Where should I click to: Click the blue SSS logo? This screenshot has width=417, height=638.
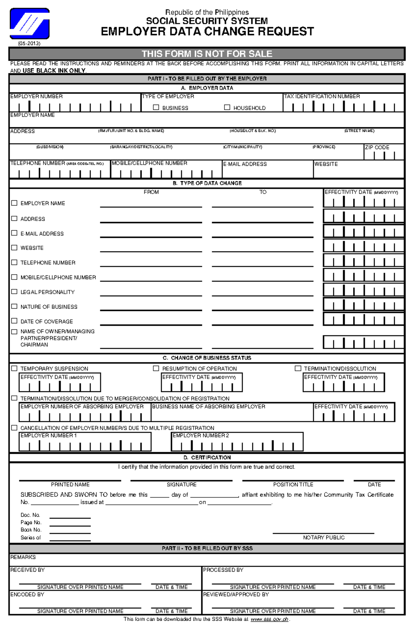[x=30, y=24]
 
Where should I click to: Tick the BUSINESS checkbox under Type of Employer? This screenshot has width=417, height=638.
[x=156, y=107]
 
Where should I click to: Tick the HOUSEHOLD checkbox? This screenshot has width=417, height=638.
[x=227, y=107]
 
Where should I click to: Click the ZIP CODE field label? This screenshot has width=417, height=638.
[x=377, y=147]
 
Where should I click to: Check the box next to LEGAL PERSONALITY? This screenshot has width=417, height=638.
[x=14, y=292]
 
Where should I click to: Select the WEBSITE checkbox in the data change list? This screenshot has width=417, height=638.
[x=14, y=248]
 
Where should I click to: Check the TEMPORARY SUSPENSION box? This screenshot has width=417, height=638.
[x=14, y=368]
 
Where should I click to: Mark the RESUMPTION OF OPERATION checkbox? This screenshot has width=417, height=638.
[x=156, y=368]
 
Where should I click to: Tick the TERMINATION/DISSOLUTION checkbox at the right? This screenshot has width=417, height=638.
[x=298, y=368]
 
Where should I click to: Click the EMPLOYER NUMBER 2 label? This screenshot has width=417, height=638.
[x=201, y=435]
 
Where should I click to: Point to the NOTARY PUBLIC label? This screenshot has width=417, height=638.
[x=324, y=538]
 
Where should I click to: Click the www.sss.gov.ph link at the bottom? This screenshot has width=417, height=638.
[x=269, y=619]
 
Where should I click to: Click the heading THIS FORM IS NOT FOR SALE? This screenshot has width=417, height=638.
[x=207, y=54]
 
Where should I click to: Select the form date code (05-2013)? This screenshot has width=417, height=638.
[x=29, y=43]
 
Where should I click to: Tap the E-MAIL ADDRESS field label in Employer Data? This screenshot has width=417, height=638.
[x=245, y=164]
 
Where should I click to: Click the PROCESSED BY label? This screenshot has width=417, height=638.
[x=223, y=570]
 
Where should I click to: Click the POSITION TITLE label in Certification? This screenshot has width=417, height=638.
[x=293, y=485]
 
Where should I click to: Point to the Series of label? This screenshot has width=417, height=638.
[x=31, y=538]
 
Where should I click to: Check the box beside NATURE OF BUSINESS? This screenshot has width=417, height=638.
[x=14, y=306]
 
